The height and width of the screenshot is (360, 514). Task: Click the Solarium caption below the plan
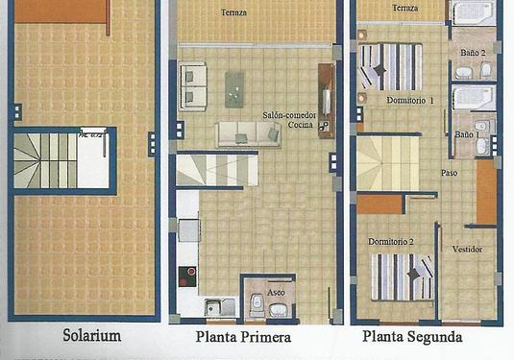(x=92, y=336)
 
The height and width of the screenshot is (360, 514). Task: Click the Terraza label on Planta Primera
(x=233, y=12)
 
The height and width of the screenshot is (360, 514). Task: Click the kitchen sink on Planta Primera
(x=219, y=307)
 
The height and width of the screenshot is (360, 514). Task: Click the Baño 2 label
(x=471, y=54)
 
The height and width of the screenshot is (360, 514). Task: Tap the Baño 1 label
(x=468, y=135)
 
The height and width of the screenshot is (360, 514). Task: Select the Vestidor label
(x=468, y=249)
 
